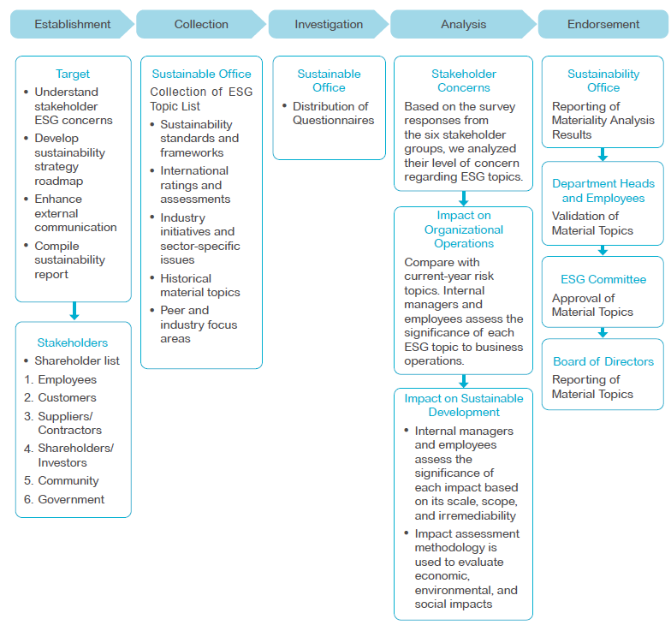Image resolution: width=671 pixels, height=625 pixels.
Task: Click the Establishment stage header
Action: pyautogui.click(x=73, y=25)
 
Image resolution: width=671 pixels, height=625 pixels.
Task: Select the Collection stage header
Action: pyautogui.click(x=201, y=25)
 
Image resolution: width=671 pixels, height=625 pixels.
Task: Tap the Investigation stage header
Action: pyautogui.click(x=329, y=25)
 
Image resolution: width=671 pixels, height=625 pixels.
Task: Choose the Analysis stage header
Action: pyautogui.click(x=464, y=25)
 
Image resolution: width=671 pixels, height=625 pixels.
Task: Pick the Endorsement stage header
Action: pyautogui.click(x=603, y=25)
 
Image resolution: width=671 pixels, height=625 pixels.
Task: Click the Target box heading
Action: pyautogui.click(x=73, y=74)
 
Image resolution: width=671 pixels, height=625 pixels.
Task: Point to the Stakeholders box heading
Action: pyautogui.click(x=73, y=342)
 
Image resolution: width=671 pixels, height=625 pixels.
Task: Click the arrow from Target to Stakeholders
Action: pyautogui.click(x=74, y=311)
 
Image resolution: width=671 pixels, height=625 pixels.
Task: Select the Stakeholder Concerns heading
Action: pyautogui.click(x=464, y=80)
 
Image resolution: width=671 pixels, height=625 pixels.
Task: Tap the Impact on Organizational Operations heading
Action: pyautogui.click(x=464, y=229)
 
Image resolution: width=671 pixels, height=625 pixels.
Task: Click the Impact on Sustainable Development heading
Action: pyautogui.click(x=464, y=405)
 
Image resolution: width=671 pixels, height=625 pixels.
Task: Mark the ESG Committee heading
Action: pyautogui.click(x=603, y=279)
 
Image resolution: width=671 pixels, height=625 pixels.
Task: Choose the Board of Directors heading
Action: pyautogui.click(x=603, y=361)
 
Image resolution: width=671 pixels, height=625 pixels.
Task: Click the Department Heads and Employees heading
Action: pyautogui.click(x=603, y=190)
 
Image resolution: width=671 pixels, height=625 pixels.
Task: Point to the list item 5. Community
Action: pyautogui.click(x=62, y=481)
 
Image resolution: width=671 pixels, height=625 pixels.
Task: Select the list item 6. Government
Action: pyautogui.click(x=64, y=499)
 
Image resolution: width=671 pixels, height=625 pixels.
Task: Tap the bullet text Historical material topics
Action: pyautogui.click(x=199, y=285)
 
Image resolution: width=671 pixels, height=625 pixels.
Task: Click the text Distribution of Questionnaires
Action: pyautogui.click(x=332, y=113)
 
